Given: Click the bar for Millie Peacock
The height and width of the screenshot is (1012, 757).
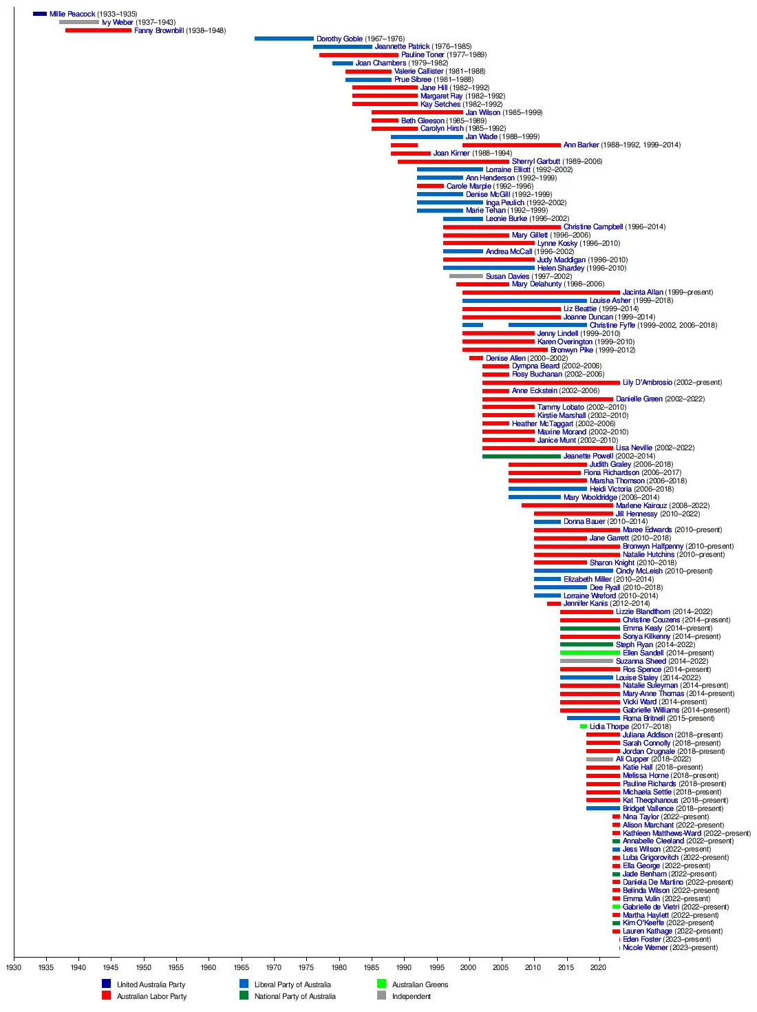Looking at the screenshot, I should pos(40,14).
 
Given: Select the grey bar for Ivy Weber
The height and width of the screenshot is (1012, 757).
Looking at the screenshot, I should pos(78,22).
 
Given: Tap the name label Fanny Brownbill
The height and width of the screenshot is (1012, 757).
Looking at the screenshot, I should pos(159,30).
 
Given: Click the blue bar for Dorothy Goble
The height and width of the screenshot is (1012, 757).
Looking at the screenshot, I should pos(284,39).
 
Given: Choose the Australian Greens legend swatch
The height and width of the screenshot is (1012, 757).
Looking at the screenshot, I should pos(381,984).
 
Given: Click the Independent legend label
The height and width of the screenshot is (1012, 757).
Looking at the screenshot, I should pos(411,996).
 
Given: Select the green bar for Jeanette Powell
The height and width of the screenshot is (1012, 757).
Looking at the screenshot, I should pos(521,456).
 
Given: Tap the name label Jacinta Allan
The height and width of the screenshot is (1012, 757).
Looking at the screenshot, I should pos(643,292).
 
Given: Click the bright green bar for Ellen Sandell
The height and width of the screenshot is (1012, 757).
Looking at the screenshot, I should pos(590,653).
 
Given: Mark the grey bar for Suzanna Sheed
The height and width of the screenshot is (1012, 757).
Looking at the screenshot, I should pos(586,661).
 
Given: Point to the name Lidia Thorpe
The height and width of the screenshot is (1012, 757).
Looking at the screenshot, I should pos(609,726).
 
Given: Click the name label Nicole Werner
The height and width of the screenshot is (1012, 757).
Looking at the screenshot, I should pos(645,947).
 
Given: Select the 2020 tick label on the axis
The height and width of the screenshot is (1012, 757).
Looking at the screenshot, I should pos(598,967).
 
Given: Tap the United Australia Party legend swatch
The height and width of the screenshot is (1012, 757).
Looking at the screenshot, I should pos(106,984).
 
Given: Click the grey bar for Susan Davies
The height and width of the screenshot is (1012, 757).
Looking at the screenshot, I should pos(466,276).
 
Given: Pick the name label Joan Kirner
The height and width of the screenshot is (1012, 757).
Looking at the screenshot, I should pos(451,153).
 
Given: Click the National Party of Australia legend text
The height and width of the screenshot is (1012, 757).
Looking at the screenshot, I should pos(295,996).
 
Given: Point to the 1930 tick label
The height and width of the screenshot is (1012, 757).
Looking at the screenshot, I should pos(14,967).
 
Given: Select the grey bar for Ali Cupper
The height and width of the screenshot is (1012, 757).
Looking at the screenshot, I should pos(599,759).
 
